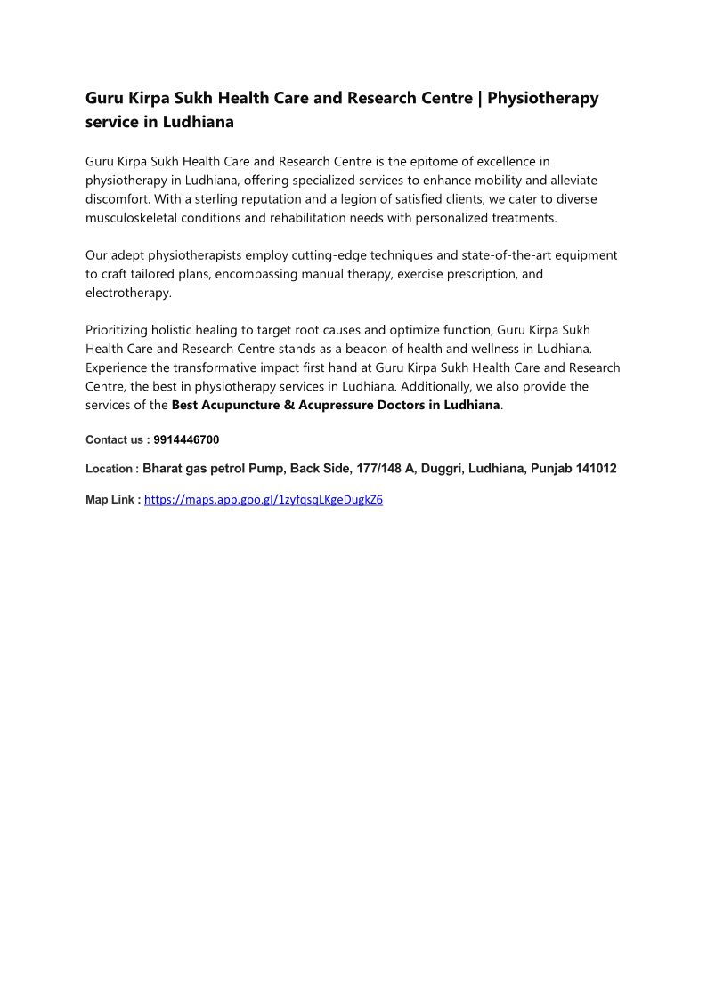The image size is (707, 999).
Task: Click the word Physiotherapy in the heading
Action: click(543, 98)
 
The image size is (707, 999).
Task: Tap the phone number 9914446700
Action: click(186, 439)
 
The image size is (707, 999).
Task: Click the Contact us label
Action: click(116, 439)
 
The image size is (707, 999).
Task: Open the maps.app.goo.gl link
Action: click(264, 500)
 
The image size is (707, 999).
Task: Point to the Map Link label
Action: click(112, 500)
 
